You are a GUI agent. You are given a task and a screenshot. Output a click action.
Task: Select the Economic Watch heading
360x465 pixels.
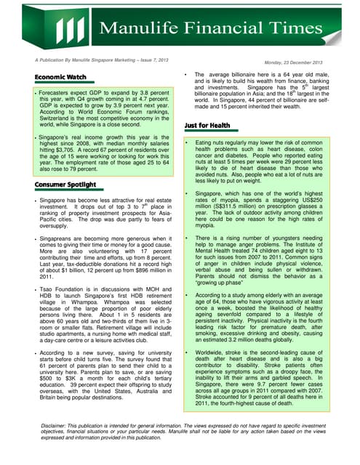60,77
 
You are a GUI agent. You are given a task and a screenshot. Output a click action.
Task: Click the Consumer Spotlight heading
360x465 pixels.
66,185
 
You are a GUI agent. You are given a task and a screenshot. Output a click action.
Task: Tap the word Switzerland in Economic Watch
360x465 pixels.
60,118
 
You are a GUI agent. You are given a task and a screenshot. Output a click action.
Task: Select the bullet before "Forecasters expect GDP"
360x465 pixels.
36,93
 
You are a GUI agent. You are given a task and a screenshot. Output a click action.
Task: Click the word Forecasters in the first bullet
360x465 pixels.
58,93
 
